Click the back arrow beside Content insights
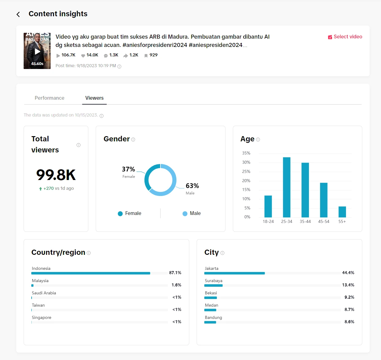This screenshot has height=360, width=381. click(18, 14)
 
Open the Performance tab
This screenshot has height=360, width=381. click(49, 98)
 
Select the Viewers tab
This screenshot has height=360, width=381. click(94, 98)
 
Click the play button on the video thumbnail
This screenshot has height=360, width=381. click(37, 51)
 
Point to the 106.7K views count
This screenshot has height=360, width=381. click(68, 55)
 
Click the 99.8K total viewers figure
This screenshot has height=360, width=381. click(56, 175)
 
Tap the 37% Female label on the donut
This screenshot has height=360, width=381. click(129, 170)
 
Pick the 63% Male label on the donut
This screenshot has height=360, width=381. click(192, 186)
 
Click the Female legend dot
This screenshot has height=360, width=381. click(120, 214)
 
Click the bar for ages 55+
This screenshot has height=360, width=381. click(342, 212)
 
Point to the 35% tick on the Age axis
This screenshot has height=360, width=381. click(246, 153)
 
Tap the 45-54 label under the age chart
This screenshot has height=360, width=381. click(324, 222)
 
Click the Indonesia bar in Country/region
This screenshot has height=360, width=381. click(91, 273)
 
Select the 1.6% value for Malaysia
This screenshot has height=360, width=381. click(176, 285)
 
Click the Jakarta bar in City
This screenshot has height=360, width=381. click(235, 273)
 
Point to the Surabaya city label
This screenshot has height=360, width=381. click(214, 281)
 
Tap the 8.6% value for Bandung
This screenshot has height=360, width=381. click(349, 322)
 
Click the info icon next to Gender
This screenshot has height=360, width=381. click(133, 140)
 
